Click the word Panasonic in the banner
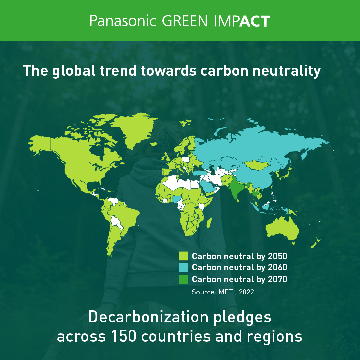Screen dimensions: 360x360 (x=123, y=21)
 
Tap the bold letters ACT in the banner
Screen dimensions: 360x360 (x=254, y=21)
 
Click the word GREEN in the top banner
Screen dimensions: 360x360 (x=185, y=21)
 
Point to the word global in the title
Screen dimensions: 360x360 (x=73, y=71)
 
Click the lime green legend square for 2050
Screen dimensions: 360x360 (x=183, y=256)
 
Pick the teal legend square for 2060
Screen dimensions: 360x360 (x=183, y=267)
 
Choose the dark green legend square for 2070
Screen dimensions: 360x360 (x=183, y=279)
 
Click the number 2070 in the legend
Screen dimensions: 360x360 (x=277, y=279)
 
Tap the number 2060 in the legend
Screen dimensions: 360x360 (x=277, y=267)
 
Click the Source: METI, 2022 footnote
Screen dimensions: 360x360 (x=223, y=292)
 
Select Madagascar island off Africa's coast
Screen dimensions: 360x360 (x=209, y=222)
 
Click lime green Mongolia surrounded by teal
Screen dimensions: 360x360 (x=257, y=165)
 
